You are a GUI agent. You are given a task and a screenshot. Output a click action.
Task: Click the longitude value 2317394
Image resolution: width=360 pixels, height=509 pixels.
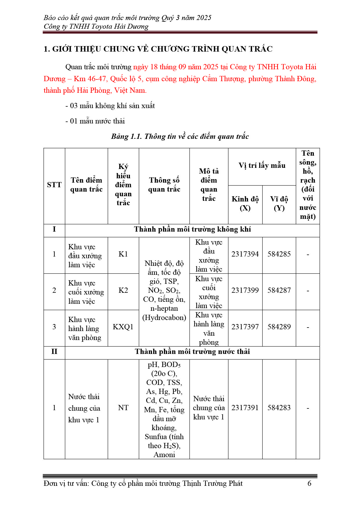tap(245, 254)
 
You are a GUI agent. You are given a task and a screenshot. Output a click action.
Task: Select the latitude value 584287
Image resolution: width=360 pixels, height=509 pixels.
tap(279, 290)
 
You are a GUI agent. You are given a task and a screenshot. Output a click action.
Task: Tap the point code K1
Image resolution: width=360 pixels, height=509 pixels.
tap(123, 254)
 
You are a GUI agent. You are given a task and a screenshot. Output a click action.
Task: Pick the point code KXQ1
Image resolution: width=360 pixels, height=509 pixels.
tap(123, 327)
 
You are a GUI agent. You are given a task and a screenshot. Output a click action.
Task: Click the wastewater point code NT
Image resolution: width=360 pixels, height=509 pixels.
tap(123, 408)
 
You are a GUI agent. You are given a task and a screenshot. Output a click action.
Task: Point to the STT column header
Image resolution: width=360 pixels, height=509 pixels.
tap(54, 185)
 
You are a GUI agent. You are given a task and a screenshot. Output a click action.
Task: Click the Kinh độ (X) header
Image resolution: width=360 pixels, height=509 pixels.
tap(245, 203)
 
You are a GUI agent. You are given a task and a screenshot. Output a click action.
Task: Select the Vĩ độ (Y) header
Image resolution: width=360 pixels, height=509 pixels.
tap(279, 203)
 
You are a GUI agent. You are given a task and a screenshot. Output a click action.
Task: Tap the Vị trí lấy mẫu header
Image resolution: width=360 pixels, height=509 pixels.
tap(262, 166)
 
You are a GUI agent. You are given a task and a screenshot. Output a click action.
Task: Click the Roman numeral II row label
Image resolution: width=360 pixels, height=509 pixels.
tap(54, 352)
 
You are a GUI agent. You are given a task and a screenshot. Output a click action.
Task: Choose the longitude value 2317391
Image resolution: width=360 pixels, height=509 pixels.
tap(245, 408)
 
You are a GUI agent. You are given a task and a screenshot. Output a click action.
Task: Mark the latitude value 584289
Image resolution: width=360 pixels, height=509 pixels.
tap(279, 327)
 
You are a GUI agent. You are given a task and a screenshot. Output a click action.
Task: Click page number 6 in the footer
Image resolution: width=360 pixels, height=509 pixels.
tap(309, 483)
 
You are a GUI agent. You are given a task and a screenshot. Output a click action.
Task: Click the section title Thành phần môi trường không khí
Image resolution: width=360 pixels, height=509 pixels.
tap(192, 230)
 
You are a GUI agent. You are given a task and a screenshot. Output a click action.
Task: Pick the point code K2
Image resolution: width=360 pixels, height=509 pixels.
tap(123, 290)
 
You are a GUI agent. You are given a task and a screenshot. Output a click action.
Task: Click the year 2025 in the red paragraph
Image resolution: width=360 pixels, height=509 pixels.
tap(211, 67)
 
